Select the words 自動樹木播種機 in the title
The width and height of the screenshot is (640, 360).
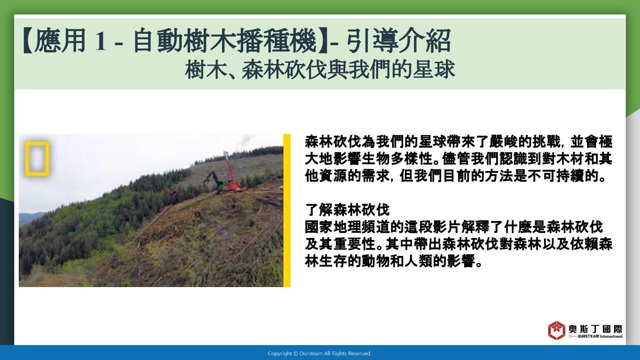point(225,41)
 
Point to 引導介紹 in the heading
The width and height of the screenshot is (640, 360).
point(399,41)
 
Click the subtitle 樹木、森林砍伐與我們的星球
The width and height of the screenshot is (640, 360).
point(320,70)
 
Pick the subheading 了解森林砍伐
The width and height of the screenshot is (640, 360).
point(347,210)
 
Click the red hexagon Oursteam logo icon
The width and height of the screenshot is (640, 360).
point(556,330)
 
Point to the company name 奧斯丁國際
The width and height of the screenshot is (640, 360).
point(595,329)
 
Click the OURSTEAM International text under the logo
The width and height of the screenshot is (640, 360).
point(600,337)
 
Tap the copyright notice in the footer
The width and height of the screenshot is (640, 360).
point(320,354)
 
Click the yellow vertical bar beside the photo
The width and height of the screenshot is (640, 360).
point(287,210)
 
